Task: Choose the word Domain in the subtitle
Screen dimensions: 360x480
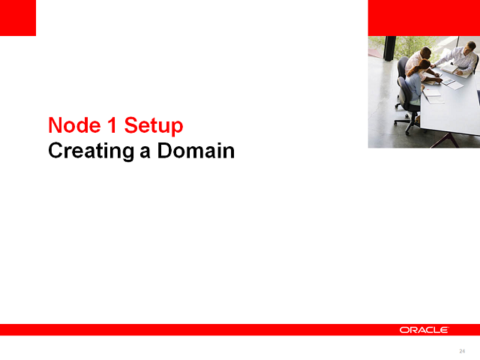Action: tap(196, 151)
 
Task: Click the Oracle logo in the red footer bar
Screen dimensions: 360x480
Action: tap(424, 330)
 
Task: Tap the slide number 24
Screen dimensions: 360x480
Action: tap(462, 351)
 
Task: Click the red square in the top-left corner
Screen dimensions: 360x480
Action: tap(18, 18)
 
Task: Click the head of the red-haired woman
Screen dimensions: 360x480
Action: tap(425, 65)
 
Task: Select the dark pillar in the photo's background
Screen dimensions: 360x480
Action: tap(389, 49)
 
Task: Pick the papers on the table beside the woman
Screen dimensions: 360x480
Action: tap(433, 96)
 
